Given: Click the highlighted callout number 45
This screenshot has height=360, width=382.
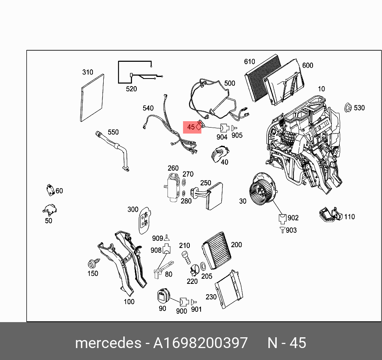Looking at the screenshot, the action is click(191, 128).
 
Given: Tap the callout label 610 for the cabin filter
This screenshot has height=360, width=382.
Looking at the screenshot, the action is click(249, 61).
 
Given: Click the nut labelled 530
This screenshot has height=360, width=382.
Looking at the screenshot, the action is click(347, 108).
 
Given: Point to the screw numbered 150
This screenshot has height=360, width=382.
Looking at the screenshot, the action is click(93, 264).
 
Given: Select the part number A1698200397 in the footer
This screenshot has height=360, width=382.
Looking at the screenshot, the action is click(201, 342).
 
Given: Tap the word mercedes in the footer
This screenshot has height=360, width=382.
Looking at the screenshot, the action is click(108, 342).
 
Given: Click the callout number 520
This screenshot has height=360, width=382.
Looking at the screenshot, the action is click(131, 89).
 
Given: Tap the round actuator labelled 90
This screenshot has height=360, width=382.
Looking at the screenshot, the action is click(163, 296).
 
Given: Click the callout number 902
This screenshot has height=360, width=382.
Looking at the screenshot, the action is click(293, 218).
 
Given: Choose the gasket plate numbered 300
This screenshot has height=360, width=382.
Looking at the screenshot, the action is click(144, 220).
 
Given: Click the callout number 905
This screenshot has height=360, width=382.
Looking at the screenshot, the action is click(237, 135).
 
